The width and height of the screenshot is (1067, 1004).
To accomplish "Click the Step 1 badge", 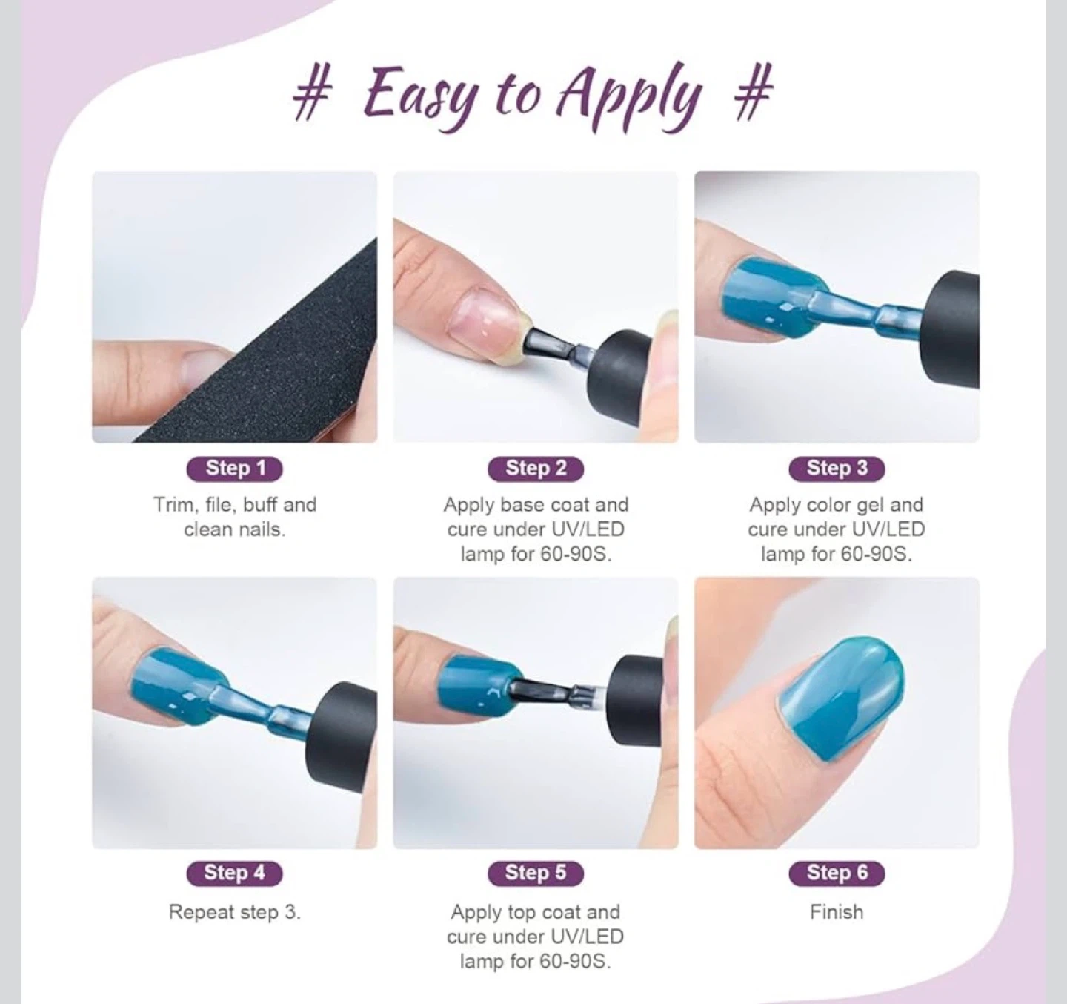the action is [x=234, y=469].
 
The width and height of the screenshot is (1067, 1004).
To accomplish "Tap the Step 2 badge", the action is [x=536, y=469].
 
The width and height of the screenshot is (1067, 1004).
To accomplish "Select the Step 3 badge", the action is [x=837, y=469].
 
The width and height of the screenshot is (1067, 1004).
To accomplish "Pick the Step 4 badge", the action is [x=234, y=873].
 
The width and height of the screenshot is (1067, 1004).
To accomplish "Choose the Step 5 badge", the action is [x=536, y=873].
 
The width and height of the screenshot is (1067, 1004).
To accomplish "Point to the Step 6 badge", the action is [x=837, y=873].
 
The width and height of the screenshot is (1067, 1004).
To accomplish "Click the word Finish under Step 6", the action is [x=837, y=913].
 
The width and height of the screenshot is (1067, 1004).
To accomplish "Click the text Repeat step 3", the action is [x=234, y=913].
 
